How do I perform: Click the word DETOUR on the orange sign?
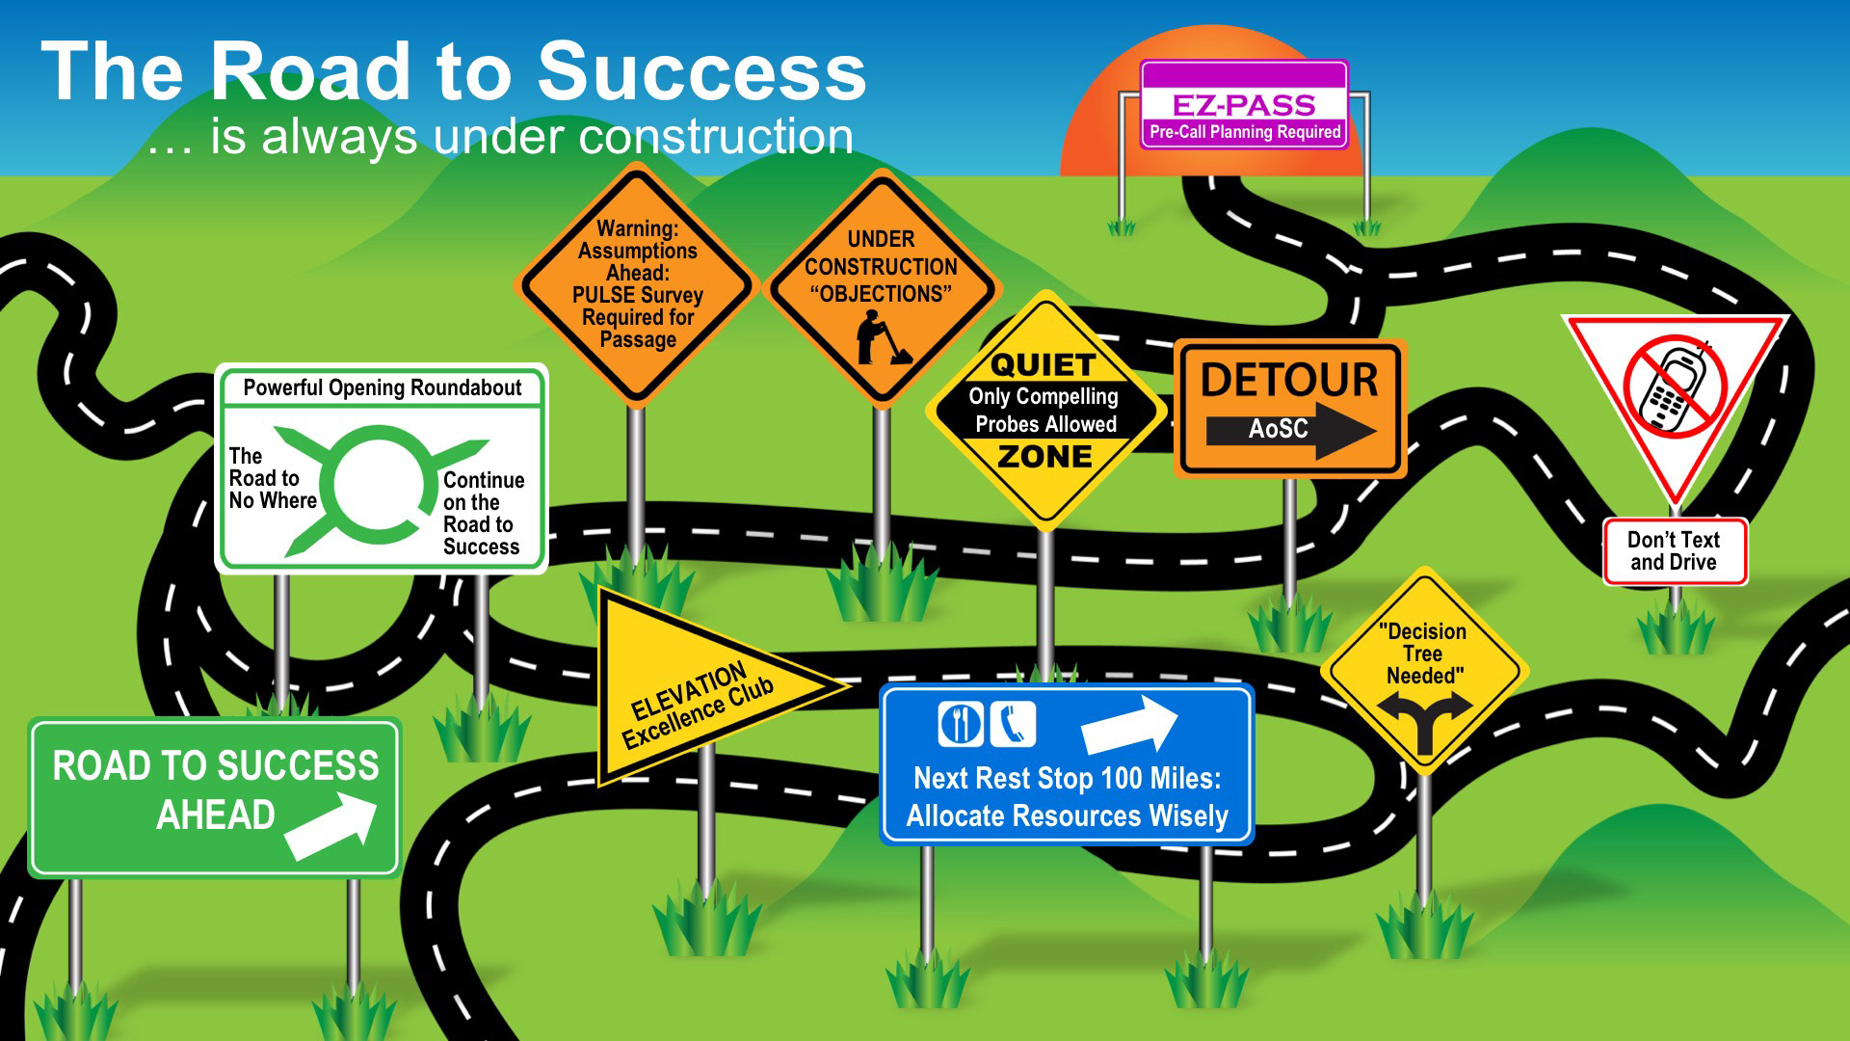1289,380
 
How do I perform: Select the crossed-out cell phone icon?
1675,386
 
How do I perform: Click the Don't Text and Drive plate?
1674,551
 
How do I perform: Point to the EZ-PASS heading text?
1243,104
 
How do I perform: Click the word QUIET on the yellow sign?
1044,366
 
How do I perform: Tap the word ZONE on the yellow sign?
1045,456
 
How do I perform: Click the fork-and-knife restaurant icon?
960,724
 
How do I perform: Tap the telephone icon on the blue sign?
1012,724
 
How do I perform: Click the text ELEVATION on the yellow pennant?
688,691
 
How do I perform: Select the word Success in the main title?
701,72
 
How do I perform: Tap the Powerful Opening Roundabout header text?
382,387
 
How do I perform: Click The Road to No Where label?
272,478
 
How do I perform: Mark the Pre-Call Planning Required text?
1244,132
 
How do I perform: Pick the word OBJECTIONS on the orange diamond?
881,294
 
